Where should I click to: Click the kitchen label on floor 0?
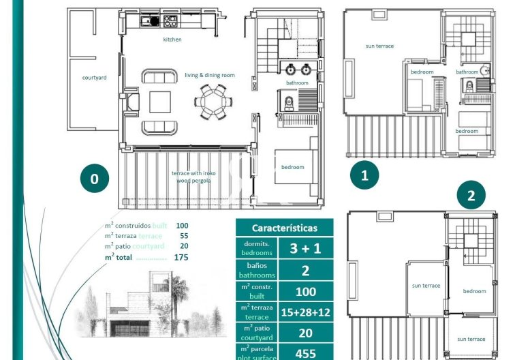(172, 40)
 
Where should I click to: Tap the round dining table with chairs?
(213, 102)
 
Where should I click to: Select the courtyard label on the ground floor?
(94, 78)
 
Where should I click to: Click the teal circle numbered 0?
(95, 178)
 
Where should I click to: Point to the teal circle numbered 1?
(364, 175)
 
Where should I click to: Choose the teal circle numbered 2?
(471, 195)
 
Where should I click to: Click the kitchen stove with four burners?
(170, 21)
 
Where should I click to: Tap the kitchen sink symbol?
(151, 21)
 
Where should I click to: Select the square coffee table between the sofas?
(160, 102)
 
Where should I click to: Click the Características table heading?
(285, 228)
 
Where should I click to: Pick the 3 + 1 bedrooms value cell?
(305, 248)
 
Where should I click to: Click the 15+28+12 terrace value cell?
(305, 312)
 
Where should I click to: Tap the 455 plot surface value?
(305, 354)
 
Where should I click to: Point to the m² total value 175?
(181, 257)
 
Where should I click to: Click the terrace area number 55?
(184, 236)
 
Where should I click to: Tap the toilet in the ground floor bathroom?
(289, 104)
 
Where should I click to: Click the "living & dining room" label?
(210, 75)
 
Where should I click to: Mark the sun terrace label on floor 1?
(379, 46)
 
